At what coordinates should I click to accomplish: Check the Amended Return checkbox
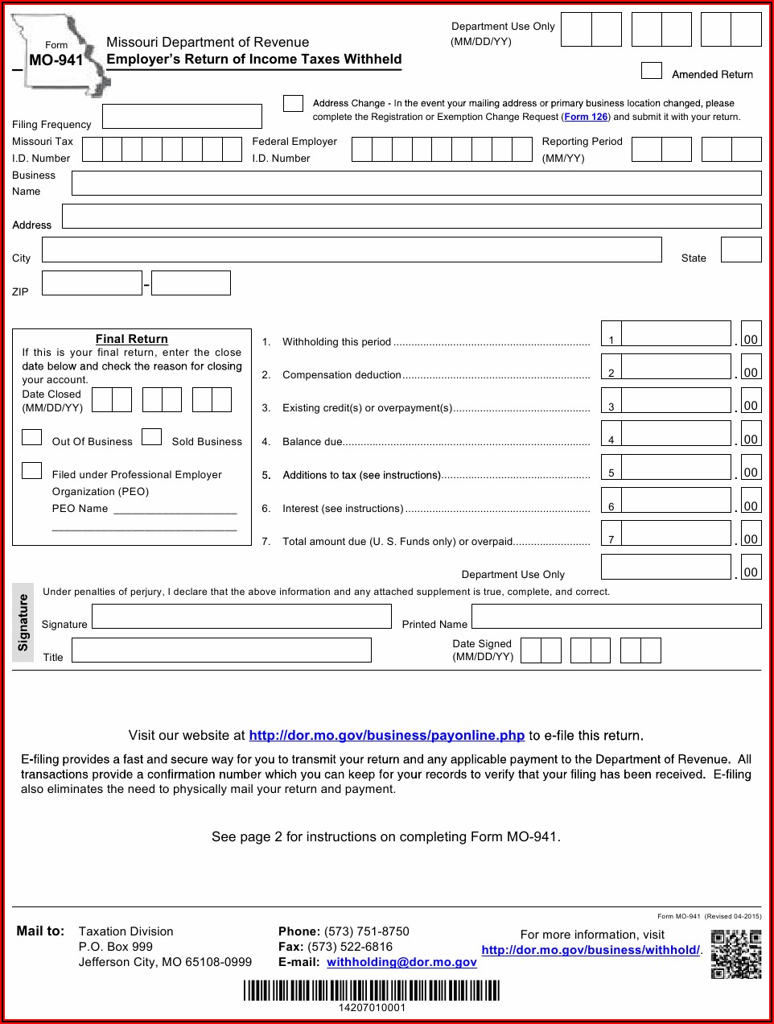click(x=651, y=71)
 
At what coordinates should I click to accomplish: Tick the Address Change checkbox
click(x=293, y=103)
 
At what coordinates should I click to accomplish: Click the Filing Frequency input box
click(x=182, y=117)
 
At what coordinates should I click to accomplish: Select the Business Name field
click(x=416, y=184)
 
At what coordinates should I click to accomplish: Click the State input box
click(x=740, y=250)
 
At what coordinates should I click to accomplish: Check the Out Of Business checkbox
click(x=32, y=437)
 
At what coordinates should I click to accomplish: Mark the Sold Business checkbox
click(x=151, y=437)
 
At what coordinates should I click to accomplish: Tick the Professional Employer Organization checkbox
click(x=32, y=471)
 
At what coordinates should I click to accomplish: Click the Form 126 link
click(x=586, y=117)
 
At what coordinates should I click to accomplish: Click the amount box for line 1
click(x=676, y=333)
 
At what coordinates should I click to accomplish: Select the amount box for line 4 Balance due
click(x=676, y=433)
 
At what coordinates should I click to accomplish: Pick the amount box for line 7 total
click(x=676, y=533)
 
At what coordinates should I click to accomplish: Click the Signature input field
click(x=241, y=617)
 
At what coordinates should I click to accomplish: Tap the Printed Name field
click(x=615, y=617)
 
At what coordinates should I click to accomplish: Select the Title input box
click(x=221, y=650)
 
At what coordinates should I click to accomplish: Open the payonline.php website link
click(x=386, y=735)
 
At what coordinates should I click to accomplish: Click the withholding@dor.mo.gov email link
click(x=401, y=962)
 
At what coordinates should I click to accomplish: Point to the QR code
click(x=735, y=954)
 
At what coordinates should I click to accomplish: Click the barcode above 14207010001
click(x=372, y=990)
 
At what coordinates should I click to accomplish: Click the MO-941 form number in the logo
click(x=56, y=60)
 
